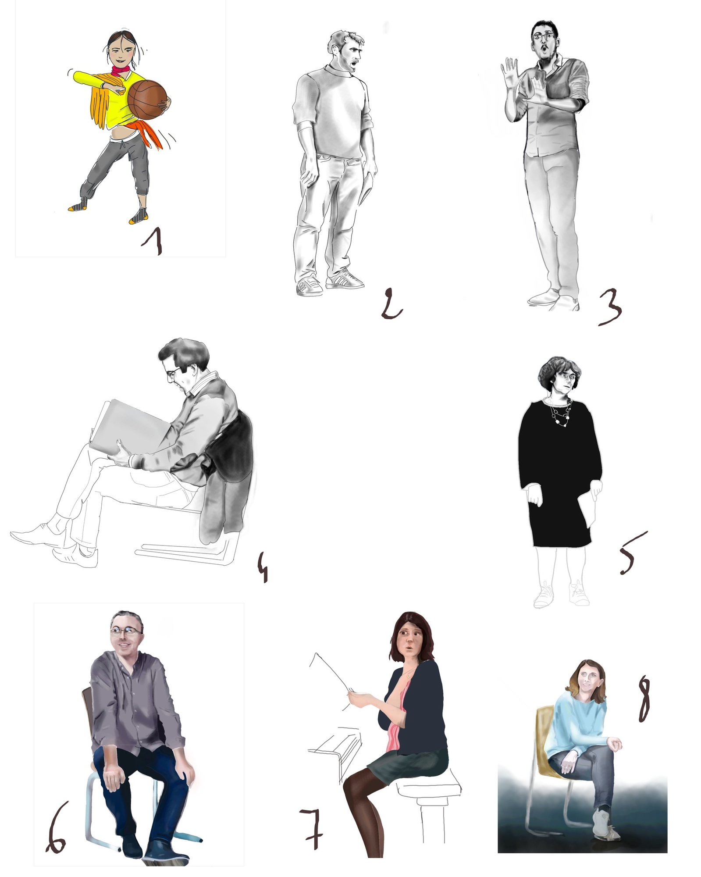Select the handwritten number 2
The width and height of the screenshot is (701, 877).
[x=391, y=303]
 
